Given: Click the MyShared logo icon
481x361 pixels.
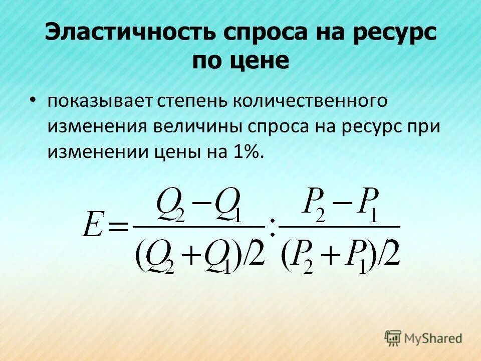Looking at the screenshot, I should point(393,338).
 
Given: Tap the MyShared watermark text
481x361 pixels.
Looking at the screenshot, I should point(433,338).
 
